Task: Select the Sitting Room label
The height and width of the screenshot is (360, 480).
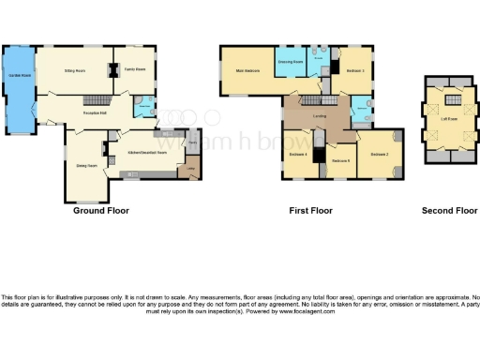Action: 74,70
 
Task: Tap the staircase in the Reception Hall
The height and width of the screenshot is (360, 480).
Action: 93,99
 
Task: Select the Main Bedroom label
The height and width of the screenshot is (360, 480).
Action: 247,71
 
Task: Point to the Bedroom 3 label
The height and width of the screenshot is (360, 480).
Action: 354,71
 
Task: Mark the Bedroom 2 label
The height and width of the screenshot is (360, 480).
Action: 379,153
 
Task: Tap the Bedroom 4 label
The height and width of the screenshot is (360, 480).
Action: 298,153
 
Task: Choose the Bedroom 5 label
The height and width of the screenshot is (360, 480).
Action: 340,160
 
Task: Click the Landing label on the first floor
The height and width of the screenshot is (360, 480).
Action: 320,117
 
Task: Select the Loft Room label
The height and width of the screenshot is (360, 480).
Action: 449,119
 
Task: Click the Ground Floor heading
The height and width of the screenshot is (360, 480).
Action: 100,211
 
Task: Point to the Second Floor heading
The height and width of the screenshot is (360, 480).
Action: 449,211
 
